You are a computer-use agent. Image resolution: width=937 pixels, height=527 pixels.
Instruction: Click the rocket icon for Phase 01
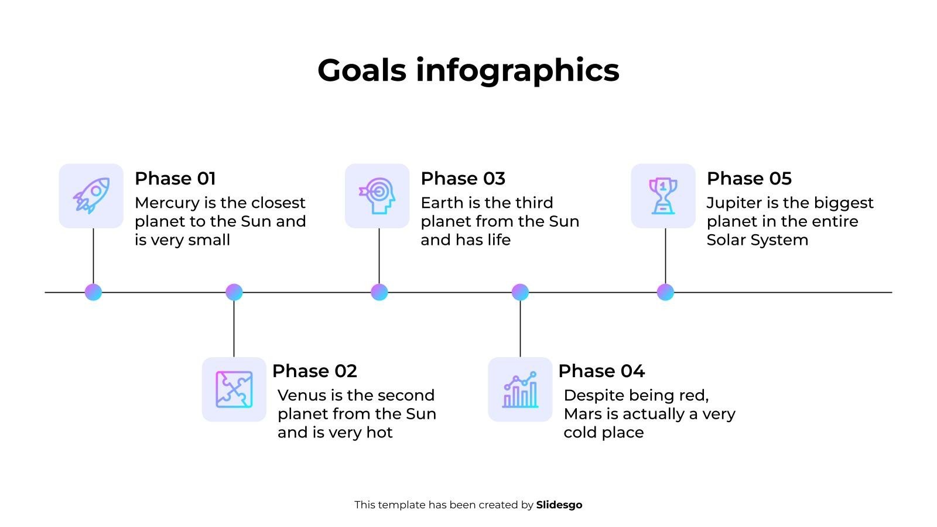(91, 196)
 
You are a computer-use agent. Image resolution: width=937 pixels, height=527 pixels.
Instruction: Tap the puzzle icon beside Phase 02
(234, 389)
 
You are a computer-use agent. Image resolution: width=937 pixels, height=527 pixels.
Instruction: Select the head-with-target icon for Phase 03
(377, 196)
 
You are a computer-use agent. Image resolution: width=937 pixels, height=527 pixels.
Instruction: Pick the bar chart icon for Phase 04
(520, 389)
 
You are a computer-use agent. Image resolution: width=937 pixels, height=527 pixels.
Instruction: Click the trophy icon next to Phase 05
(663, 196)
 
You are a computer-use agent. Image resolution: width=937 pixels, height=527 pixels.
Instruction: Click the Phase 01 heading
(175, 179)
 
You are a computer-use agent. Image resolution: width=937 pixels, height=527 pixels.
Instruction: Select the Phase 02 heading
(314, 371)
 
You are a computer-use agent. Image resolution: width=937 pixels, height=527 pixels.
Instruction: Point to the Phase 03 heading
(463, 179)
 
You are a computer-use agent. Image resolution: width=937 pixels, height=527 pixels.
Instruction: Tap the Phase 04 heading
(601, 371)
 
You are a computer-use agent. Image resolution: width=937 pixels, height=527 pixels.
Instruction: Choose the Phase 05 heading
(749, 179)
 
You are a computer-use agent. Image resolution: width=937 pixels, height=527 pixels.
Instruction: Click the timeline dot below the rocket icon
(93, 292)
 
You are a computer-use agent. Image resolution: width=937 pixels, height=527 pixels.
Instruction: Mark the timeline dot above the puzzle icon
(234, 292)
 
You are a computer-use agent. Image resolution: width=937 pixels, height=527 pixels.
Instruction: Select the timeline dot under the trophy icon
(665, 292)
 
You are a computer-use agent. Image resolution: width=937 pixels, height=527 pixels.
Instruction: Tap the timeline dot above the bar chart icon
(520, 292)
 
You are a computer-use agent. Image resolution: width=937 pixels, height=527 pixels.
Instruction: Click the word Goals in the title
(362, 70)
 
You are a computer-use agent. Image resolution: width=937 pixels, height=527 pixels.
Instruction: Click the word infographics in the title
(518, 71)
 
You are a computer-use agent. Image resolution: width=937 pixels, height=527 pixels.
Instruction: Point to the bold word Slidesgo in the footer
(559, 505)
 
